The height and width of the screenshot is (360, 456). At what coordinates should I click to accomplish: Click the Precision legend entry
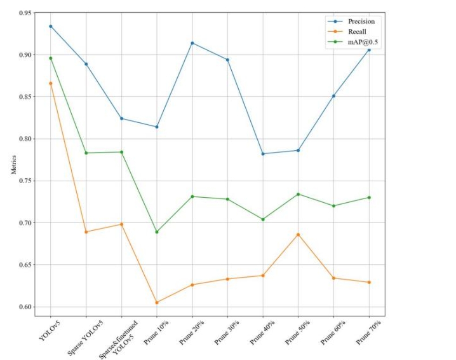pyautogui.click(x=361, y=21)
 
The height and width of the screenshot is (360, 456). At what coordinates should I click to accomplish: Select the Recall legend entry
pyautogui.click(x=357, y=32)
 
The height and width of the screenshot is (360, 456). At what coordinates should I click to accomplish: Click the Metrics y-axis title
pyautogui.click(x=13, y=165)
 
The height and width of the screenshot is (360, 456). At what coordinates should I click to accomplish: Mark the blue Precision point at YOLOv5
pyautogui.click(x=51, y=26)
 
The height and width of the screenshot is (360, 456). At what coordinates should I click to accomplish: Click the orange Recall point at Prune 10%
pyautogui.click(x=157, y=302)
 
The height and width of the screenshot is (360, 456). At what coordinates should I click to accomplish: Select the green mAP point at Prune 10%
pyautogui.click(x=157, y=232)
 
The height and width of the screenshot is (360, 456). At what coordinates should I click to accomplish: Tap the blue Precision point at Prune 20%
pyautogui.click(x=192, y=43)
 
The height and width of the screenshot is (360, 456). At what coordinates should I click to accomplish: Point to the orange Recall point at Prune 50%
pyautogui.click(x=298, y=234)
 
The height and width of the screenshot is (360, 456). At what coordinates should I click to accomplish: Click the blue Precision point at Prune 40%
pyautogui.click(x=263, y=153)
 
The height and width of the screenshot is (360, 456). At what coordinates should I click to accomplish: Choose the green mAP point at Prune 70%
pyautogui.click(x=369, y=197)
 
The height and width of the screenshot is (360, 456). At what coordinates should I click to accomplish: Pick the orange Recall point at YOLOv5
pyautogui.click(x=51, y=83)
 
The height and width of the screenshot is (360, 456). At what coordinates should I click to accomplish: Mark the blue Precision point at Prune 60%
pyautogui.click(x=334, y=96)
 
